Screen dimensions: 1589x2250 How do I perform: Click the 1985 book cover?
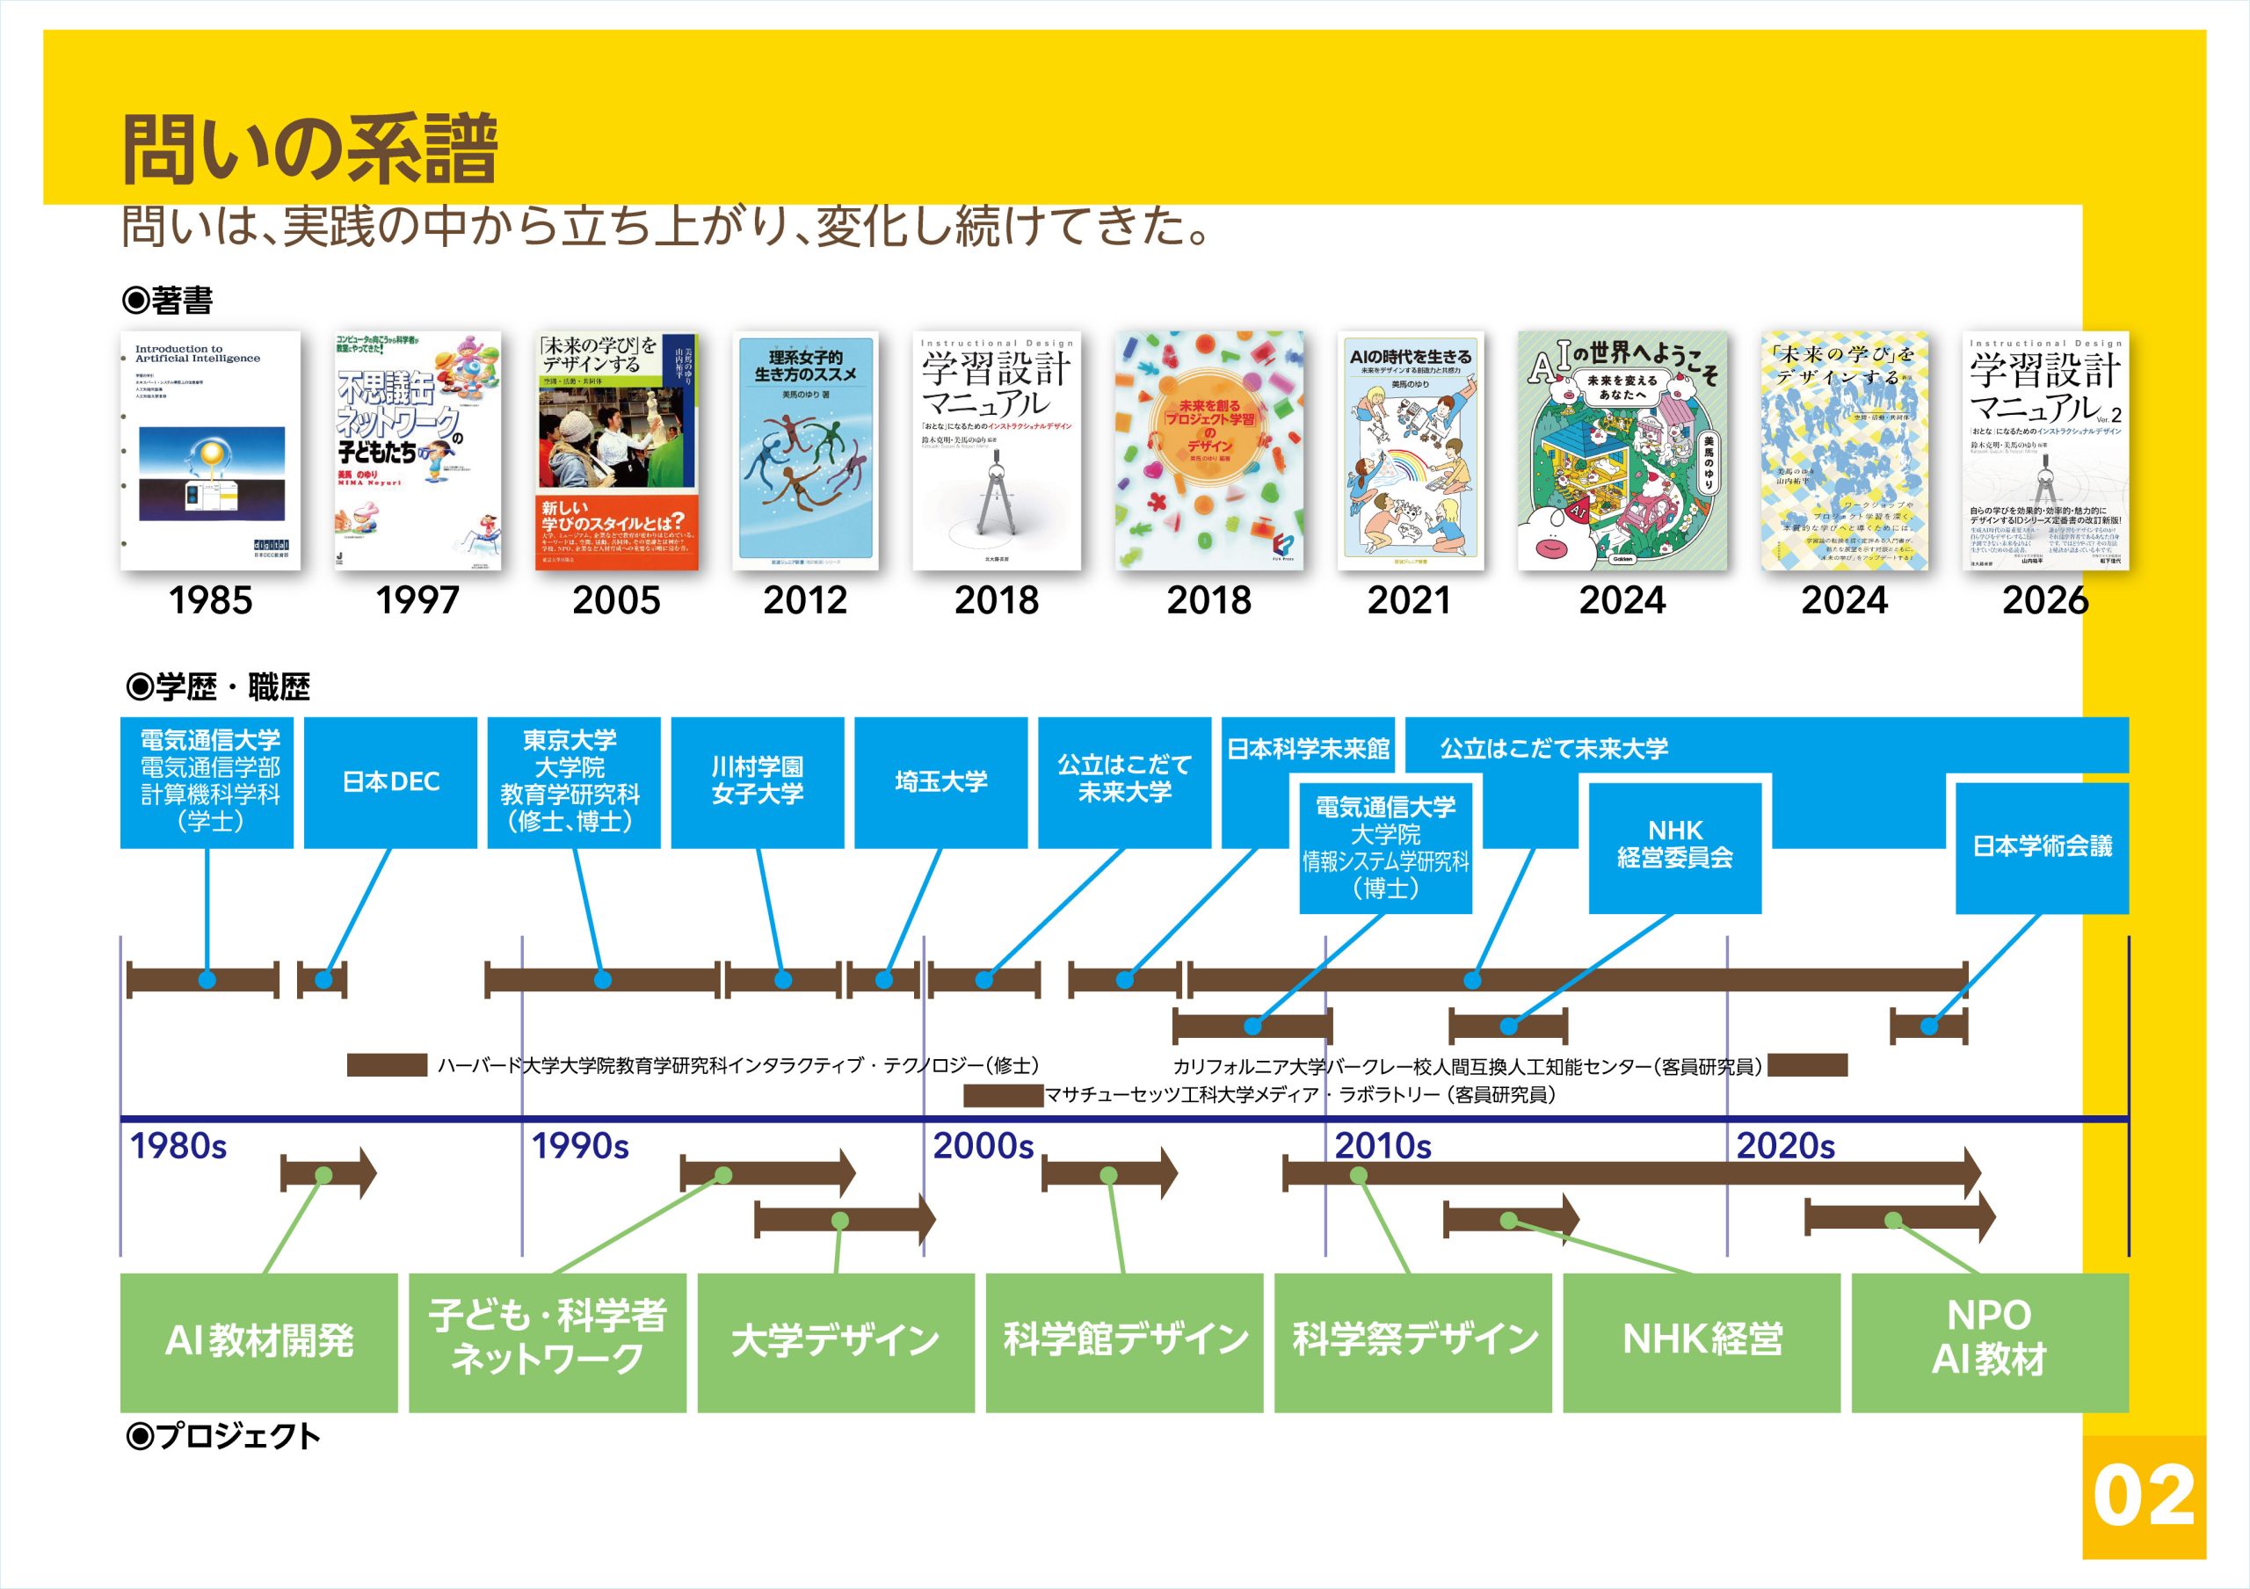point(210,451)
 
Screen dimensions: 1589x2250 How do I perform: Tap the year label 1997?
point(417,600)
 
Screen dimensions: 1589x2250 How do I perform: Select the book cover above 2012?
point(804,451)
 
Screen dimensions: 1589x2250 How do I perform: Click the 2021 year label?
point(1408,600)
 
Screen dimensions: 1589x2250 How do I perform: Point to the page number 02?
point(2143,1496)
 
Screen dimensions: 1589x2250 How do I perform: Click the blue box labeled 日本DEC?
point(390,782)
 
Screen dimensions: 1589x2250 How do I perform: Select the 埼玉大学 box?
point(940,782)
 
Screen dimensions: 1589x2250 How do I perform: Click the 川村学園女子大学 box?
point(758,782)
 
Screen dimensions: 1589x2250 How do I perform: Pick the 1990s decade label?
point(580,1145)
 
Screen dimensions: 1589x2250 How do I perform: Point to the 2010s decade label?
point(1383,1145)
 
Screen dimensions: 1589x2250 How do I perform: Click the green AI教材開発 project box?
point(258,1341)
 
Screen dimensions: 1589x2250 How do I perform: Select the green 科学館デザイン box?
point(1124,1341)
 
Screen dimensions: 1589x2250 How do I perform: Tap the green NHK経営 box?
point(1702,1341)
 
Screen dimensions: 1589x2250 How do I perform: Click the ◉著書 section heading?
point(167,301)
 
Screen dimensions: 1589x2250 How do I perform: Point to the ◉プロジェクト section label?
point(223,1436)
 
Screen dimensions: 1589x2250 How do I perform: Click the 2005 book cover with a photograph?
point(617,451)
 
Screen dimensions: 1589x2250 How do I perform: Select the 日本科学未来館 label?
point(1309,750)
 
